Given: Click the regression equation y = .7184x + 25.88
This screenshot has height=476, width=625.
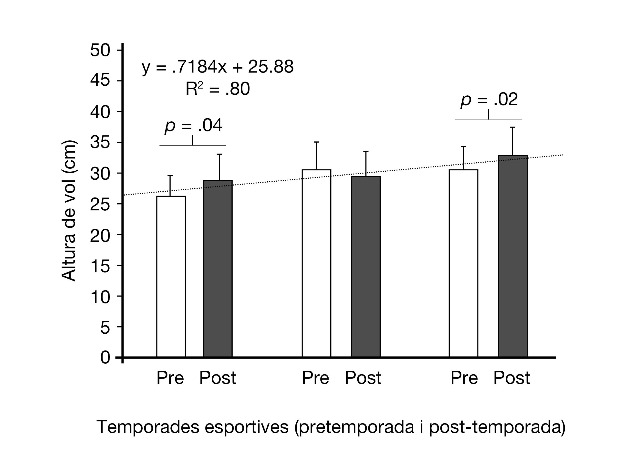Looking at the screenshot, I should [217, 67].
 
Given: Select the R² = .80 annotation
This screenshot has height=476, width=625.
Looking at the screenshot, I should [217, 89].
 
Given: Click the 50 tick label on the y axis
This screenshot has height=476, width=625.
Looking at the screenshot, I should [100, 51].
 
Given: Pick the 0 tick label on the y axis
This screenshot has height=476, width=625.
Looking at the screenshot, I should [105, 358].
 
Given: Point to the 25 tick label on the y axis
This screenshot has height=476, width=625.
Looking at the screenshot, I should [100, 204].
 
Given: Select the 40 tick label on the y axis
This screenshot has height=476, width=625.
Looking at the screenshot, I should [100, 112].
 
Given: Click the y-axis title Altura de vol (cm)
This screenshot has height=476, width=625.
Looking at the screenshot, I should [69, 211].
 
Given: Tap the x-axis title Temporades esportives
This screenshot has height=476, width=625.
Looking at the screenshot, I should [331, 427].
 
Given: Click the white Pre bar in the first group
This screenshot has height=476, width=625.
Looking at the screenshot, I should [171, 277].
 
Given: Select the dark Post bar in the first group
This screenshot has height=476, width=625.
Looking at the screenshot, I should [218, 269].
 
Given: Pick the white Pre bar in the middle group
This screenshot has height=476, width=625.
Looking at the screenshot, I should [316, 263].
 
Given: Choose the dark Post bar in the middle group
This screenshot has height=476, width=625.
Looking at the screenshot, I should [366, 267].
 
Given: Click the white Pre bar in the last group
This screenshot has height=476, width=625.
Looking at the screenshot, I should [464, 263].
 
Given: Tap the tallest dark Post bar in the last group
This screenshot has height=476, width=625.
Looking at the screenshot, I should [513, 256].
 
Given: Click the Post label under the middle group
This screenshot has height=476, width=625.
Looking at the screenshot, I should [363, 378].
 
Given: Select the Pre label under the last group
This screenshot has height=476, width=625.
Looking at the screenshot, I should [464, 378].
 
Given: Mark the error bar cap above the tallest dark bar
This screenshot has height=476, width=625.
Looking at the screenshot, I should [512, 127].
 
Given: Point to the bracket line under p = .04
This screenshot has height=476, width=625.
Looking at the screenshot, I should [193, 146].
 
